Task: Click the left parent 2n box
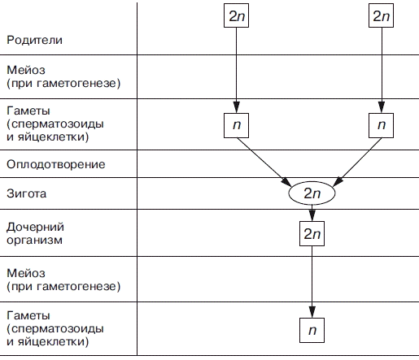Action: tap(236, 15)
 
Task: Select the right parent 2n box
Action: tap(381, 15)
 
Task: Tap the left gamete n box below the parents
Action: tap(236, 125)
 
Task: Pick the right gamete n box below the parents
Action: tap(381, 125)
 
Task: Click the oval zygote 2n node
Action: tap(312, 193)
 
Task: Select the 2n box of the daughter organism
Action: tap(312, 233)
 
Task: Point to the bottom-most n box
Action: tap(312, 330)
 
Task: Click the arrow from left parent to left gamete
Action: tap(237, 70)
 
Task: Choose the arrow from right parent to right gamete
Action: tap(382, 70)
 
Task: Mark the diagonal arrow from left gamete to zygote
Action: tap(264, 162)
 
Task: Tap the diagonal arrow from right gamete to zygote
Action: tap(357, 162)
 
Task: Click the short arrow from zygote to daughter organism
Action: tap(312, 213)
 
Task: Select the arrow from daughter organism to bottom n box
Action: tap(312, 282)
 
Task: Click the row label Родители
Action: tap(34, 40)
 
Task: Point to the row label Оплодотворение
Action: tap(56, 164)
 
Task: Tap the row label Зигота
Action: tap(27, 193)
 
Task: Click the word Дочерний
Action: tap(35, 227)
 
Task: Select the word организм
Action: tap(34, 241)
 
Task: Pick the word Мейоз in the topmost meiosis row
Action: tap(26, 70)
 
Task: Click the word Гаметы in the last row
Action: tap(28, 315)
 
